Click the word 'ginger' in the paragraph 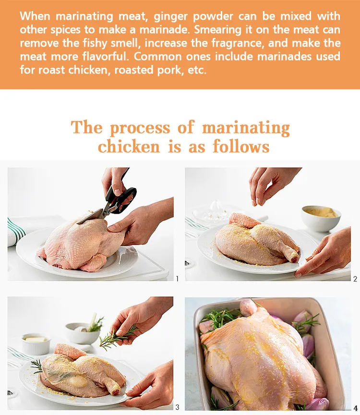tap(170, 17)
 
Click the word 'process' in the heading tap(140, 128)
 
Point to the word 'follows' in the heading tap(241, 146)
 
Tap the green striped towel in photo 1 tap(15, 231)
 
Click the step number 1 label tap(177, 279)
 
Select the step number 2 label tap(355, 279)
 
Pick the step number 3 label tap(177, 407)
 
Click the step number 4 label tap(356, 408)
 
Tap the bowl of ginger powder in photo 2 tap(321, 218)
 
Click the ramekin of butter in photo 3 tap(36, 343)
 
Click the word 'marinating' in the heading tap(246, 128)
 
